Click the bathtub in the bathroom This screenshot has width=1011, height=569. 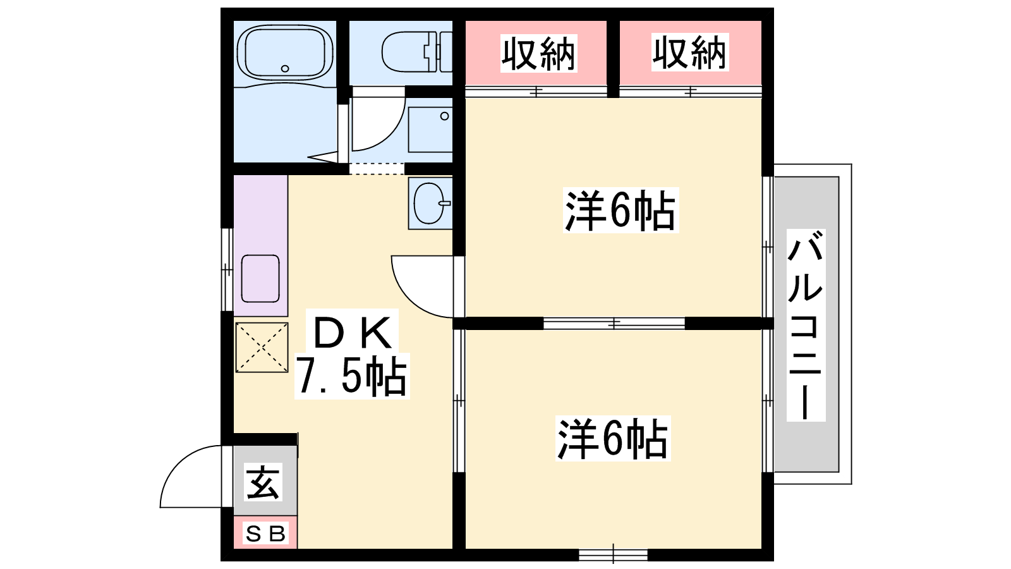point(285,52)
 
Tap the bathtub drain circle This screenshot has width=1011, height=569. point(285,69)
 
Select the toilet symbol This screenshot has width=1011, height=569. point(416,51)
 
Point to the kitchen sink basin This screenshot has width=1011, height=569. point(260,279)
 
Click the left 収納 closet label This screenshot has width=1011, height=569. point(538,53)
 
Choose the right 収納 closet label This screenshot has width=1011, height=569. point(689,52)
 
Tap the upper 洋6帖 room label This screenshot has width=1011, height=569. point(621,211)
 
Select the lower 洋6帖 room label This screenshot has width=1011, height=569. point(613,439)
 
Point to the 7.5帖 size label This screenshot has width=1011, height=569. point(351,376)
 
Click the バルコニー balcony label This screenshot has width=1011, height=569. point(806,325)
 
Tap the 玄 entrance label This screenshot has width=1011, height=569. point(263,482)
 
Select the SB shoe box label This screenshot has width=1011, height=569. point(265,534)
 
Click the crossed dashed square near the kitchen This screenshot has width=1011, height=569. point(262,347)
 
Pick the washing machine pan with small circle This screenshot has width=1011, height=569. point(430,130)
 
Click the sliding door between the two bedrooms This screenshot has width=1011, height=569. point(614,323)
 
